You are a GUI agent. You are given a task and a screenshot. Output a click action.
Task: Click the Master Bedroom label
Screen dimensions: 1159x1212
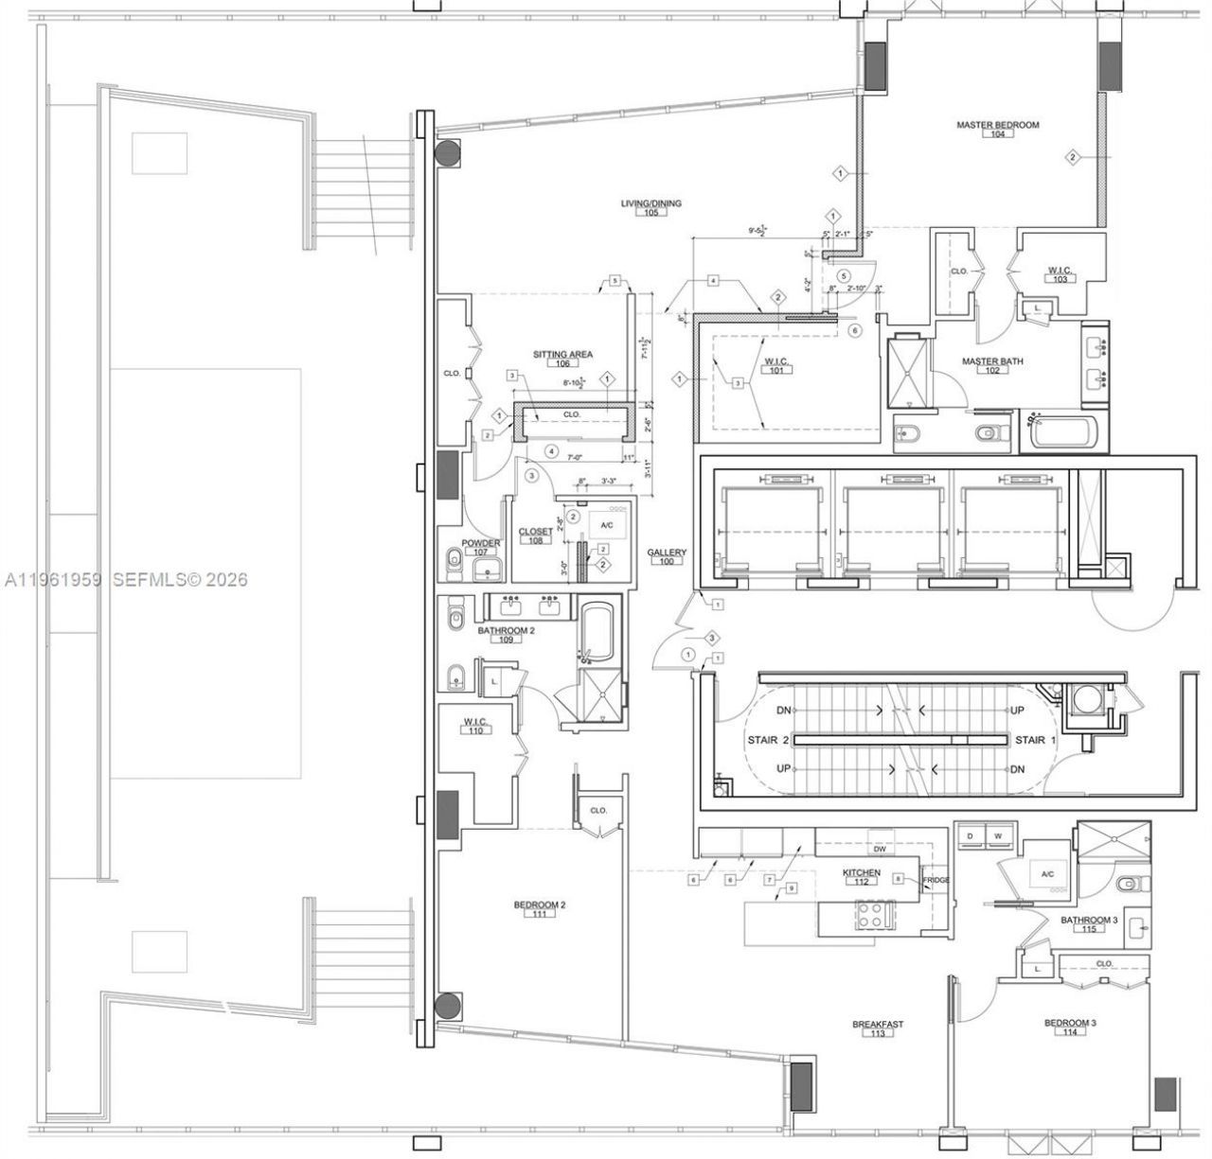coord(997,125)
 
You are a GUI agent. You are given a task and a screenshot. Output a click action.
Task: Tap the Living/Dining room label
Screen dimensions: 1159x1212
coord(651,203)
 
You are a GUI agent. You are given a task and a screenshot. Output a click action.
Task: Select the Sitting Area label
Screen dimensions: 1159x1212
coord(562,355)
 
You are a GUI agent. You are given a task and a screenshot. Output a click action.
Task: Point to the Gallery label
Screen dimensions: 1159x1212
coord(667,553)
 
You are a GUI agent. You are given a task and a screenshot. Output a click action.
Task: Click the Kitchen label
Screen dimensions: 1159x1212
coord(862,872)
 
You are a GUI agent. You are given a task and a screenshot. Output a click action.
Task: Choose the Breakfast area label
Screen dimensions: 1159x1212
coord(878,1024)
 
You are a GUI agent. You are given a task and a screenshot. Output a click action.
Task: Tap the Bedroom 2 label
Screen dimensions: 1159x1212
coord(540,905)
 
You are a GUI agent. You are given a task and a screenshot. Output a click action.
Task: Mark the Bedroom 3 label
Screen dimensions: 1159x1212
coord(1070,1023)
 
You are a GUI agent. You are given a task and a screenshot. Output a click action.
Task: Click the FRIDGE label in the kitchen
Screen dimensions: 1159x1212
coord(936,880)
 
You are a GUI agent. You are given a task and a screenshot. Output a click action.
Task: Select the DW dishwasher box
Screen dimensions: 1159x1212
coord(880,834)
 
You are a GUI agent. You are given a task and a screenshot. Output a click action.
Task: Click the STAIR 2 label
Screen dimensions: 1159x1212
coord(769,740)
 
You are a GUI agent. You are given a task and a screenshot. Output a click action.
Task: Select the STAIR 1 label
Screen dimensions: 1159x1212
coord(1030,740)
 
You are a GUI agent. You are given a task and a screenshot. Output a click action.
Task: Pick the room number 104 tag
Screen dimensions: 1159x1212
coord(997,134)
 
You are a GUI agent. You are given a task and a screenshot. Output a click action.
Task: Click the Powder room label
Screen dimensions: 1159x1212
coord(481,543)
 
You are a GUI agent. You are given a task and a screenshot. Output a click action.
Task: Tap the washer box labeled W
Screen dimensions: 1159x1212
coord(997,835)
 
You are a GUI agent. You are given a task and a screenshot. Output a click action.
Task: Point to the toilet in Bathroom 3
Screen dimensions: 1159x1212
coord(1130,884)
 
